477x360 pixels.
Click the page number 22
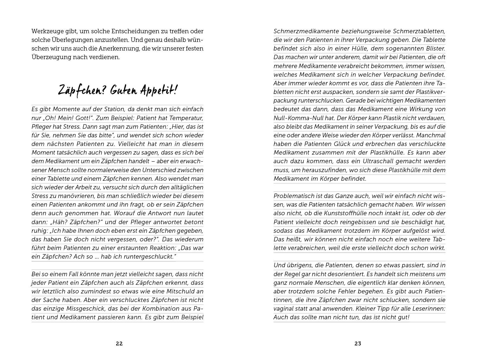pyautogui.click(x=119, y=344)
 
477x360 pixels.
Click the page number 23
pyautogui.click(x=358, y=344)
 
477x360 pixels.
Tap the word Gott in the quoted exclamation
pyautogui.click(x=87, y=118)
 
